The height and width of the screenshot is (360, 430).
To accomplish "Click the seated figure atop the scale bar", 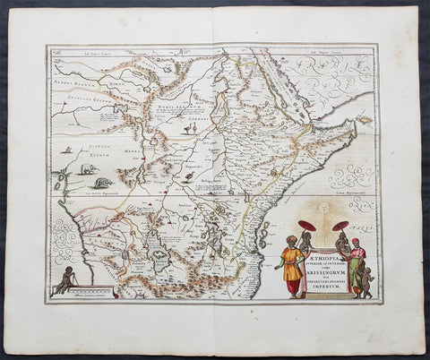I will (64, 279).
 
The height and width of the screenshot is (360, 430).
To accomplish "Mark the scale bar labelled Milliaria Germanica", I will (93, 293).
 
